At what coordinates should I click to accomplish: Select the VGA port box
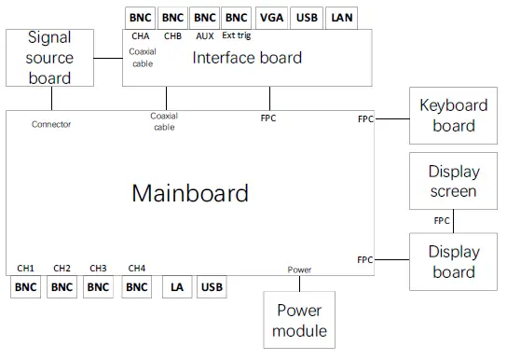tap(272, 17)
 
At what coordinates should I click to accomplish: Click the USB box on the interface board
tap(306, 17)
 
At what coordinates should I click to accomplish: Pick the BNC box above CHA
tap(141, 17)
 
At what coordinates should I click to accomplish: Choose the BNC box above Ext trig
tap(236, 17)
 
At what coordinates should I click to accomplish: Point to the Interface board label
tap(247, 58)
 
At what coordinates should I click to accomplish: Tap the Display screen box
tap(454, 181)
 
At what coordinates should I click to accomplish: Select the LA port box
tap(177, 287)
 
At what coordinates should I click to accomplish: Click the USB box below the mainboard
tap(212, 287)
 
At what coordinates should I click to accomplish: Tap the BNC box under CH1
tap(26, 287)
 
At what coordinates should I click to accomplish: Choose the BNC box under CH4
tap(136, 287)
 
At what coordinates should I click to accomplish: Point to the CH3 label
tap(99, 268)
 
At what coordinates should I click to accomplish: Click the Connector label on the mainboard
tap(50, 124)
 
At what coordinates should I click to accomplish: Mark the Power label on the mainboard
tap(299, 270)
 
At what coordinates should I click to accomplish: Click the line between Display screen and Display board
tap(454, 222)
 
